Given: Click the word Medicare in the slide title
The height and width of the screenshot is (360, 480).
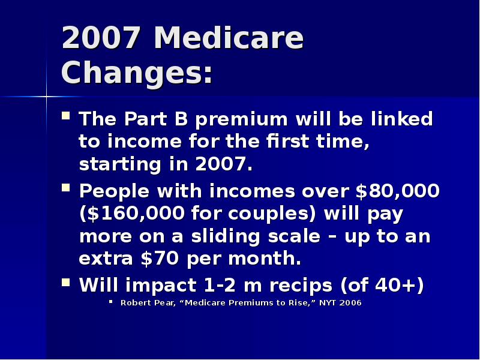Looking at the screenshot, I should point(229,38).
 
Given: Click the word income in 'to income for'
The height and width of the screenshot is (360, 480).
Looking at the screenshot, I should point(139,142).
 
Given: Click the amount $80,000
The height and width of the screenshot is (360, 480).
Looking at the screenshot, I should point(397,191).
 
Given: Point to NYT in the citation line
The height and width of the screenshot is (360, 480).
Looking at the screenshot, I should point(328,303).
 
